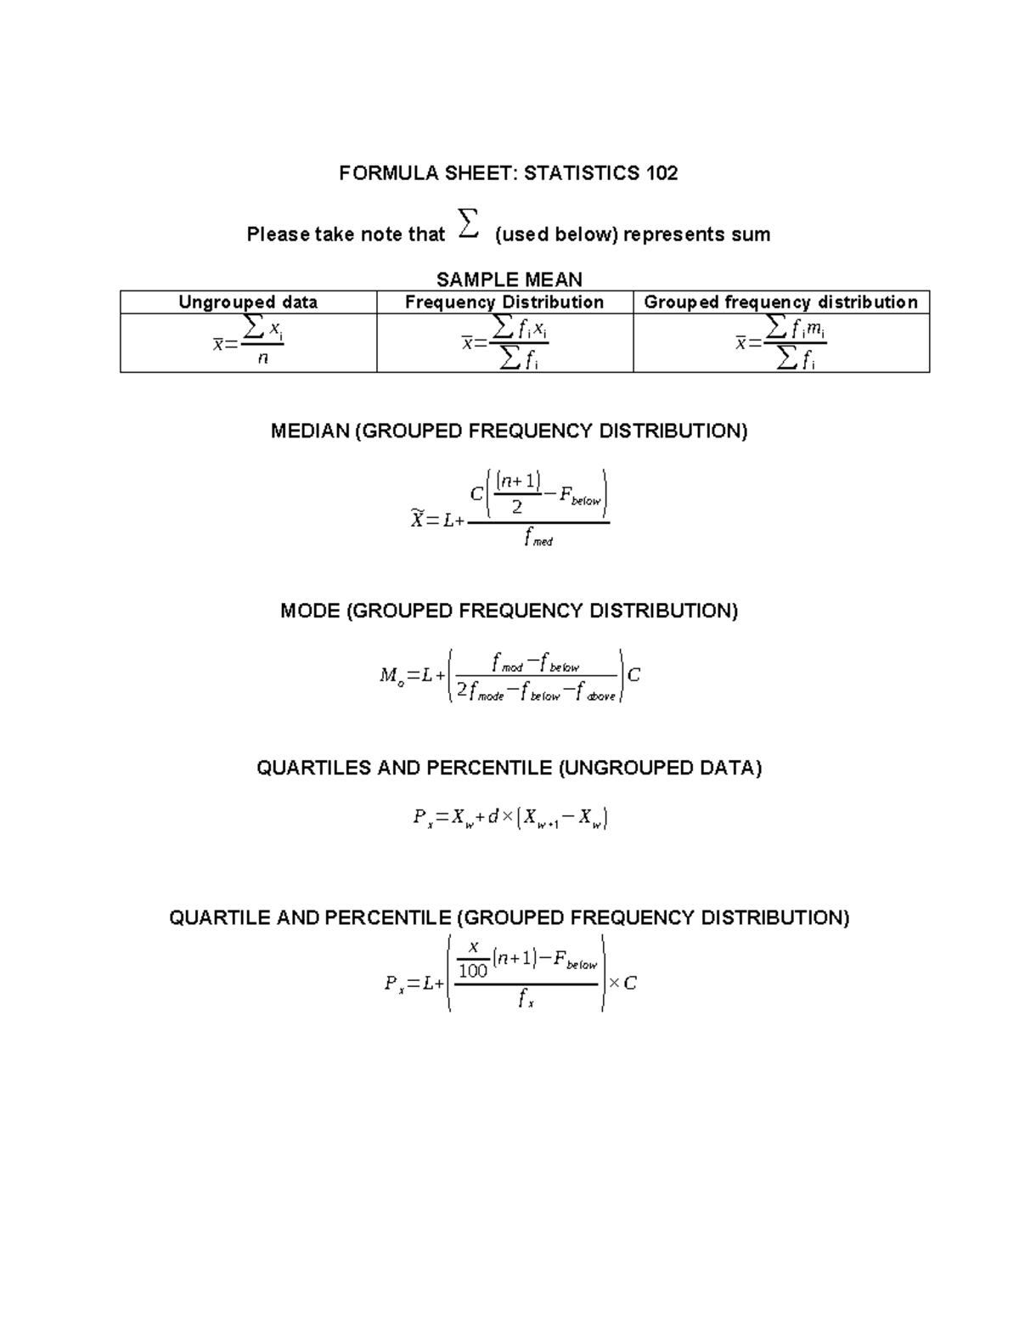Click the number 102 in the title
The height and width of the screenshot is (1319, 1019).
point(662,173)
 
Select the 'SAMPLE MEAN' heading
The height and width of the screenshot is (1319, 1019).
point(509,279)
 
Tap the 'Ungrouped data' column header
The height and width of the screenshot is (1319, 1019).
point(248,302)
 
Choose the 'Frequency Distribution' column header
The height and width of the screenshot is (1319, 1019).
point(504,302)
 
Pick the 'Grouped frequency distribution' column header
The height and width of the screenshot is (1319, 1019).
point(780,302)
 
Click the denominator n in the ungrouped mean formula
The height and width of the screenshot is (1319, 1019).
point(262,358)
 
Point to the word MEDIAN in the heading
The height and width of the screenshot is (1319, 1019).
point(310,431)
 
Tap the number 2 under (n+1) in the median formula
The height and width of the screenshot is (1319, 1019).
point(517,508)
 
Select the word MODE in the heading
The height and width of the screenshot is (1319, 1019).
point(310,612)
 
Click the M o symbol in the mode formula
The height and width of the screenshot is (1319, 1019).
point(391,676)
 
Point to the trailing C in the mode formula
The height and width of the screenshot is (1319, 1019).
point(633,675)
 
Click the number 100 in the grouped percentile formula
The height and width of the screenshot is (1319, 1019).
point(473,971)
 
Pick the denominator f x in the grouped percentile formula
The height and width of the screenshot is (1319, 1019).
point(526,1001)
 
